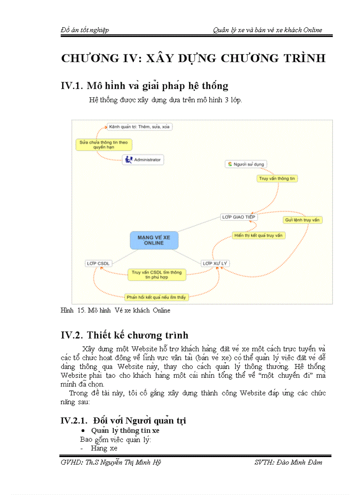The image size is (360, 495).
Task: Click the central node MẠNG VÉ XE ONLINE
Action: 154,240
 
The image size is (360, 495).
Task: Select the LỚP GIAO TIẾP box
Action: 239,217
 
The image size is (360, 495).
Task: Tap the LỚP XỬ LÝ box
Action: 215,263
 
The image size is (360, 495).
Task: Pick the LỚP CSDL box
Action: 98,263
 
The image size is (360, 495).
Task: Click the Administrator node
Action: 143,160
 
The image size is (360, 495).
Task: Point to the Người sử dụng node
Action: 246,164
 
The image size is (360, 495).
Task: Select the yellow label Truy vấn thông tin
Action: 277,179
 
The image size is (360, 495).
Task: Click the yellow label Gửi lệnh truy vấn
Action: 302,220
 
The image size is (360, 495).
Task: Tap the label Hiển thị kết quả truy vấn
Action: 259,235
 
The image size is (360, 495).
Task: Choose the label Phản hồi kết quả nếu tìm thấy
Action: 156,297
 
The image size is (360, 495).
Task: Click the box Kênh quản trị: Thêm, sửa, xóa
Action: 139,127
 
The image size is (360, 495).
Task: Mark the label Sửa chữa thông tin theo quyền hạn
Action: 104,145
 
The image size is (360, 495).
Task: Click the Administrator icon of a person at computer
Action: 128,160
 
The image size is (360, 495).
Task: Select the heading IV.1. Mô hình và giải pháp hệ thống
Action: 144,86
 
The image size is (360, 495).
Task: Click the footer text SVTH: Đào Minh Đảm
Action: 288,462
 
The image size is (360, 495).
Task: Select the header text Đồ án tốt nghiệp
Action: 85,30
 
